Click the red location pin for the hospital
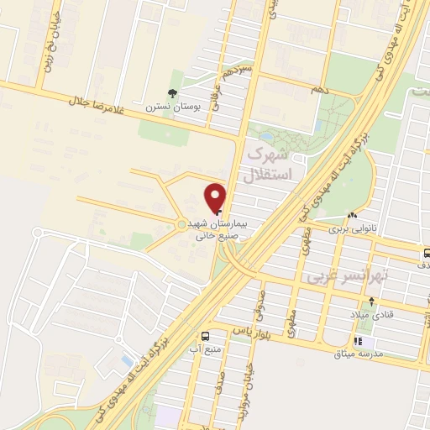pos(216,197)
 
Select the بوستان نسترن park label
pos(173,107)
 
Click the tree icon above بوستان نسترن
pos(173,93)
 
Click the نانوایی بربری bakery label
pos(349,228)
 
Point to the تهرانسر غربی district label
pos(346,274)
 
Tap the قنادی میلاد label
pos(371,313)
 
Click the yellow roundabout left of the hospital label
pos(182,224)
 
